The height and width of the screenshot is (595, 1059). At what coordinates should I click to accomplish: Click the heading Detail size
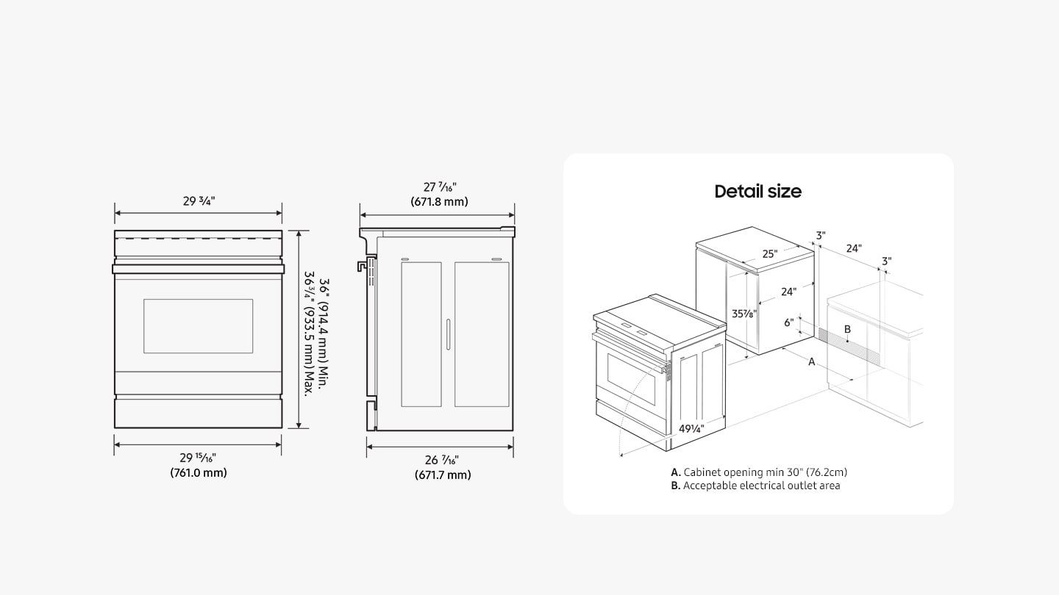click(757, 192)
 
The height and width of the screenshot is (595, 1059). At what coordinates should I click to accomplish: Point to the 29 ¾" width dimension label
click(199, 201)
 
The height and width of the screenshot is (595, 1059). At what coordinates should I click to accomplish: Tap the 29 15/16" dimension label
click(198, 458)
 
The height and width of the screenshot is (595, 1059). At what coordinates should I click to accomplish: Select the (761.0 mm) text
click(198, 473)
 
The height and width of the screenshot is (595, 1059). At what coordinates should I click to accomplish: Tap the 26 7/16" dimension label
click(442, 461)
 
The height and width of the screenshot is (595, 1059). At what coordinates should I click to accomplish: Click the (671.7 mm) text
click(442, 475)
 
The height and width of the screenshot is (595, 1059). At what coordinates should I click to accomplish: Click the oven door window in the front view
click(198, 325)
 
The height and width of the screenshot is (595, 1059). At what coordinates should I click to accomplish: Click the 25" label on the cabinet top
click(769, 254)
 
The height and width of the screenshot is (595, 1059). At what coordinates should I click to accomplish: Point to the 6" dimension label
click(788, 322)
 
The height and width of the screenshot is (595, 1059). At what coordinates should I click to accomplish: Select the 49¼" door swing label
click(691, 428)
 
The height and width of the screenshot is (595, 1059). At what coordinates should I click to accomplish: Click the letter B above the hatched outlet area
click(847, 329)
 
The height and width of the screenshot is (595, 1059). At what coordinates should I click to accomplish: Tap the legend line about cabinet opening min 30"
click(763, 472)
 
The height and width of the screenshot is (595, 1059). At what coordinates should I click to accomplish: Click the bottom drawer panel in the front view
click(198, 413)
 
